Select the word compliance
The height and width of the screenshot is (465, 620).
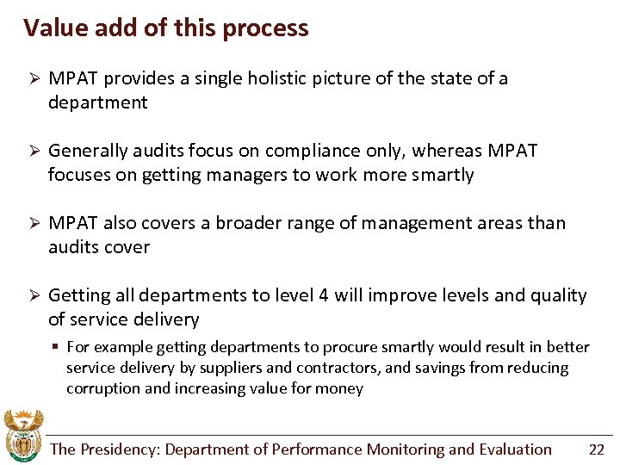pyautogui.click(x=314, y=151)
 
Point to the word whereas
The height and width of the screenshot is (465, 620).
pyautogui.click(x=447, y=151)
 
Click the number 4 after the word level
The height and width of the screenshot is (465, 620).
pyautogui.click(x=323, y=295)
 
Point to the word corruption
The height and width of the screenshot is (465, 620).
pyautogui.click(x=104, y=388)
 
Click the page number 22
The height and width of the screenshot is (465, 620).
pyautogui.click(x=596, y=449)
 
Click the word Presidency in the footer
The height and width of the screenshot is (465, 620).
pyautogui.click(x=119, y=449)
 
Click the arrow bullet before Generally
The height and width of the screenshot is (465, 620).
pyautogui.click(x=31, y=151)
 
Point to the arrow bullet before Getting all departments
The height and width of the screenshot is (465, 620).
pyautogui.click(x=31, y=295)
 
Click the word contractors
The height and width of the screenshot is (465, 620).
pyautogui.click(x=332, y=368)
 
